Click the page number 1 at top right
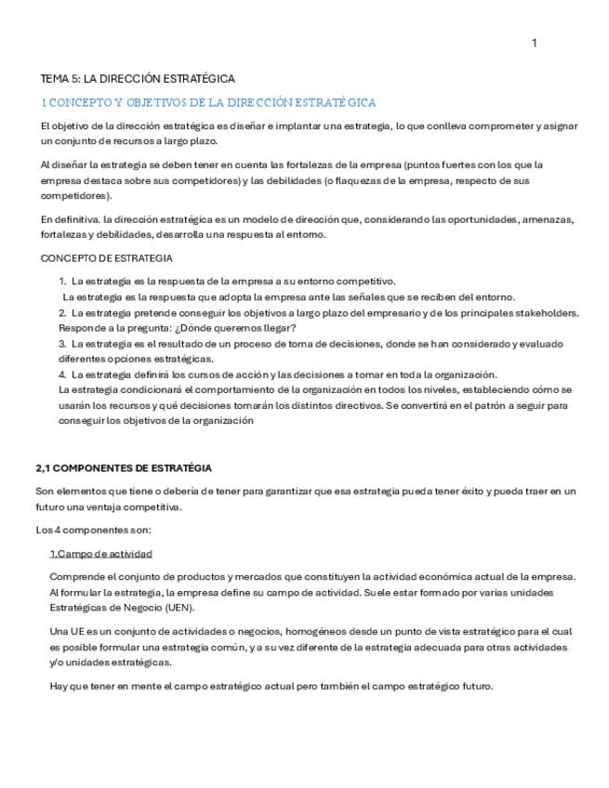(x=534, y=43)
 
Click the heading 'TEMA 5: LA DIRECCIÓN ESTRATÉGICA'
(x=138, y=79)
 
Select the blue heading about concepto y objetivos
(x=208, y=102)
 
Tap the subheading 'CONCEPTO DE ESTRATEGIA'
(x=106, y=258)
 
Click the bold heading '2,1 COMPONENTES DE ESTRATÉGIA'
(x=124, y=468)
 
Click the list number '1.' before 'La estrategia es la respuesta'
(x=62, y=281)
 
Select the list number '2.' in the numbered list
(x=62, y=312)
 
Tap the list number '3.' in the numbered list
(x=62, y=344)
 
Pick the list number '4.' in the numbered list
(x=62, y=374)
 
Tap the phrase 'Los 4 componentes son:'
(x=93, y=531)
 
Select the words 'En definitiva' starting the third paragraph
(x=67, y=219)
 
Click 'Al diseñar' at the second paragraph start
(x=64, y=164)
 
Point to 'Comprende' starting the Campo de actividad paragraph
(x=75, y=576)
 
